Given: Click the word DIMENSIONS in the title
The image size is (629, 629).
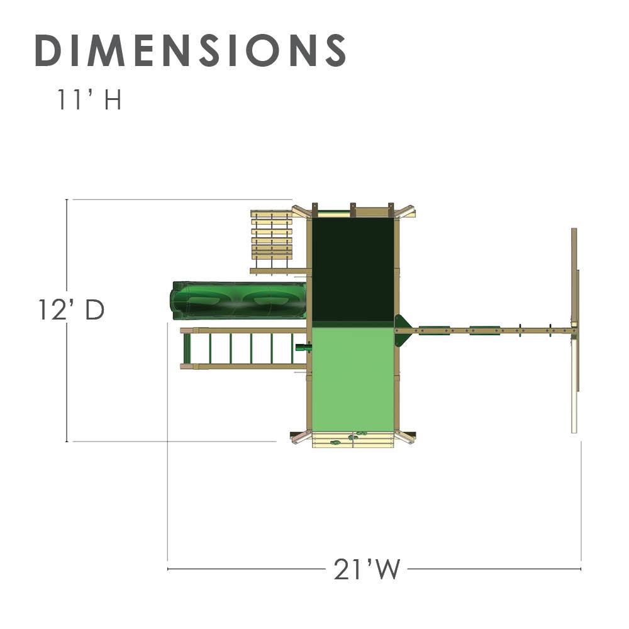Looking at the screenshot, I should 190,50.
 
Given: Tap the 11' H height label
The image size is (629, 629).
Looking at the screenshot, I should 89,101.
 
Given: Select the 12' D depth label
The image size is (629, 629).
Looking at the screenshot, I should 71,310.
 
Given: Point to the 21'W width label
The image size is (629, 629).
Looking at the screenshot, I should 367,570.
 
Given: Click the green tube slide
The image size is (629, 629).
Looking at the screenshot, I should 239,300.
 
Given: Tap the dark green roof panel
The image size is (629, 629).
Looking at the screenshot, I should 352,269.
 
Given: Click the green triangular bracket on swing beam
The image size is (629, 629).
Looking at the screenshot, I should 402,330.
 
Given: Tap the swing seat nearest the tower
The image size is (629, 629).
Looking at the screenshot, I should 434,330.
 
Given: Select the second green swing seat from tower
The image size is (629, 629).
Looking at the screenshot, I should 484,330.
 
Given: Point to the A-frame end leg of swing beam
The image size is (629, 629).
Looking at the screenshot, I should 574,330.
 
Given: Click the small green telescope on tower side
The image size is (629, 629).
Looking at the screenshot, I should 304,347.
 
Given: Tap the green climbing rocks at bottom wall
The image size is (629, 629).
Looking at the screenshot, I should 352,437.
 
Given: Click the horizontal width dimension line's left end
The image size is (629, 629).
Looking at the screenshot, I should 169,569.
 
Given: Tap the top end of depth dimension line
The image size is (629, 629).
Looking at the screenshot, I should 67,200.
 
